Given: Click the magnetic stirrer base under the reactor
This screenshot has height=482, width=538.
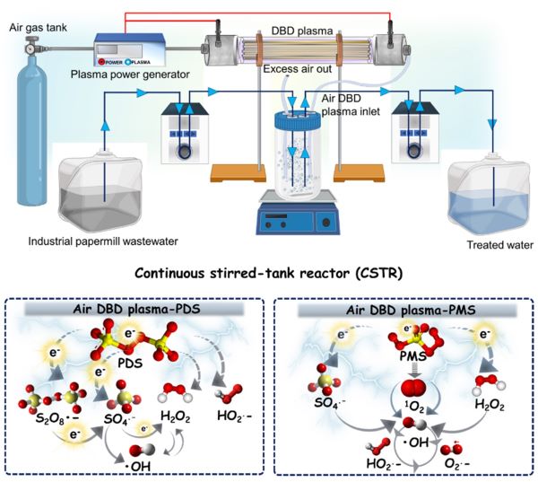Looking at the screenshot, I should point(296,216).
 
